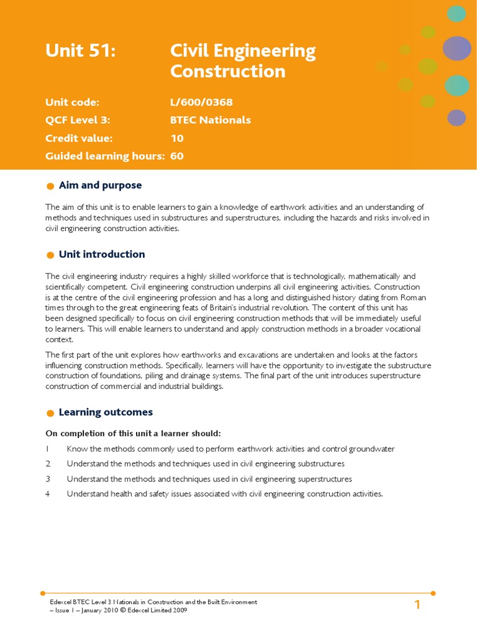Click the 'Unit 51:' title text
click(81, 51)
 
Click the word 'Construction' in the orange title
click(227, 71)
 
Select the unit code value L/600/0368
click(201, 102)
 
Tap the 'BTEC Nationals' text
click(211, 120)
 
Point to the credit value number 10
click(177, 138)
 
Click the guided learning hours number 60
click(177, 156)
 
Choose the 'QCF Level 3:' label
click(78, 120)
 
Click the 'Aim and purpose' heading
click(100, 185)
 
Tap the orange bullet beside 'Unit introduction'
click(50, 255)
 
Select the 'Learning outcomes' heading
click(106, 412)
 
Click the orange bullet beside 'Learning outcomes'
click(50, 414)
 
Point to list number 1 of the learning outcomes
click(47, 449)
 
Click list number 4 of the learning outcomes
click(47, 494)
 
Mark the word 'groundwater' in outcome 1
click(371, 449)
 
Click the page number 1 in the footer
click(417, 604)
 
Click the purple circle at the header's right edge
click(457, 48)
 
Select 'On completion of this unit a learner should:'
click(133, 433)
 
